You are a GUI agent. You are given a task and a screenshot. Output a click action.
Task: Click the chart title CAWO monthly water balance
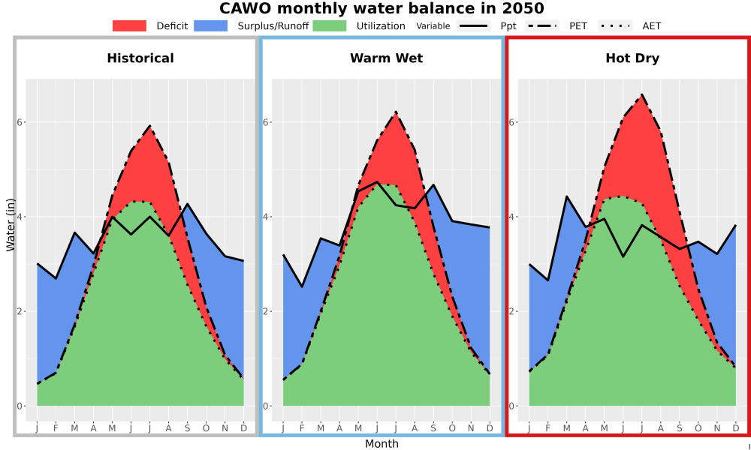coord(382,8)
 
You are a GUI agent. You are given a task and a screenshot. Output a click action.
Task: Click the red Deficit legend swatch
coord(129,25)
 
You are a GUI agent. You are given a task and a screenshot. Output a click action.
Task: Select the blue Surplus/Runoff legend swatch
coord(211,25)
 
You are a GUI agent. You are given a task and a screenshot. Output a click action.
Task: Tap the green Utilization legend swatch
coord(330,25)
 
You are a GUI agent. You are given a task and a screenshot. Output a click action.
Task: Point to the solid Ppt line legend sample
coord(473,25)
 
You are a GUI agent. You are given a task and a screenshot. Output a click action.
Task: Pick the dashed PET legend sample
coord(541,25)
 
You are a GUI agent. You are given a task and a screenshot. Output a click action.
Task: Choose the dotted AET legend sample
coord(615,25)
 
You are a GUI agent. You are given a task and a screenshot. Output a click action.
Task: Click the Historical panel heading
coord(140,58)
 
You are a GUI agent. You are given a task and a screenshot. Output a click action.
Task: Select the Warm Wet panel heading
coord(387,58)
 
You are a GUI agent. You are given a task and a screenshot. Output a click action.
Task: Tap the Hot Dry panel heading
coord(632,58)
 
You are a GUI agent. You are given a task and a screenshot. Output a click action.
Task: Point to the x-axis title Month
coord(382,444)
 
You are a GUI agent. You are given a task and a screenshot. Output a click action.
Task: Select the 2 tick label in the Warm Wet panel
coord(265,311)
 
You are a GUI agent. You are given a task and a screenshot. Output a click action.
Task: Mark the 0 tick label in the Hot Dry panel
coord(511,406)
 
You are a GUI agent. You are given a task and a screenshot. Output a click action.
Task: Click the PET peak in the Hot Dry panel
coord(642,94)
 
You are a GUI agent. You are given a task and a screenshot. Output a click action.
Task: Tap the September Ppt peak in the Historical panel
coord(187,204)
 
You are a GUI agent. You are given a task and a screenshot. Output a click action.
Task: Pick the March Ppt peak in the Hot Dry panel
coord(566,196)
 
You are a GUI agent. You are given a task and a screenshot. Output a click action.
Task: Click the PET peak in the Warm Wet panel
coord(396,112)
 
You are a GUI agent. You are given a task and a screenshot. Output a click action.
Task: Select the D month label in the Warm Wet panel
coord(490,428)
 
